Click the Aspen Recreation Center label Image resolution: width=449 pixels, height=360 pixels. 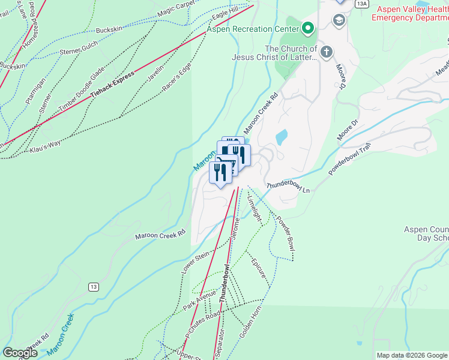click(x=253, y=29)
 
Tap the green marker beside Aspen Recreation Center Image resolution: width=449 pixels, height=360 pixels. click(x=308, y=28)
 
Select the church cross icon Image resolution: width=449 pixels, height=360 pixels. click(x=327, y=52)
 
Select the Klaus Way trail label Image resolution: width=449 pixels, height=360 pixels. click(x=46, y=143)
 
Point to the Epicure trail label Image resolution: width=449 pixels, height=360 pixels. click(x=260, y=272)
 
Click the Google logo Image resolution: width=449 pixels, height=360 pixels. click(x=20, y=353)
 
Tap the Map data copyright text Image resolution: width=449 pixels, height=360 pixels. click(x=411, y=355)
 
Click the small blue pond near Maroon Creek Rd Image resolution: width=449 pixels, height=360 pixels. click(x=282, y=137)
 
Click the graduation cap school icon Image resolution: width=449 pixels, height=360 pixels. click(x=339, y=21)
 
